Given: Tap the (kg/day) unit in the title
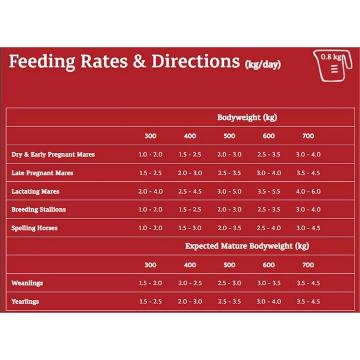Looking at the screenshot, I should (x=263, y=64).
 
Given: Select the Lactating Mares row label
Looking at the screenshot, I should (x=35, y=192).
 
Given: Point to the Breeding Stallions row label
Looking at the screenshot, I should (x=39, y=210).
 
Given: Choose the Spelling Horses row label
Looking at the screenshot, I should (x=35, y=228).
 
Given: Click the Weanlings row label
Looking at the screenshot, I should (x=27, y=283).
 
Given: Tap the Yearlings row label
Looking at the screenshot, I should (x=25, y=302).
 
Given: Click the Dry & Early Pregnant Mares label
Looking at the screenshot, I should (x=53, y=155).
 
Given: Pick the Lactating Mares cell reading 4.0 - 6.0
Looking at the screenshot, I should (x=308, y=192).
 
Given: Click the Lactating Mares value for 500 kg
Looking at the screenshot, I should (x=229, y=192).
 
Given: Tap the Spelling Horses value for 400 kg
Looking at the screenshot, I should (x=190, y=228).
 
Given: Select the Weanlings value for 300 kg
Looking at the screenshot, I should (x=150, y=283).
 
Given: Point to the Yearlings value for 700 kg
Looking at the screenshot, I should (x=308, y=302).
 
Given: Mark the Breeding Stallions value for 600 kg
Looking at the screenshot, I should (x=269, y=210).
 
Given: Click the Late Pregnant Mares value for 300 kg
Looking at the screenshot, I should (x=150, y=174).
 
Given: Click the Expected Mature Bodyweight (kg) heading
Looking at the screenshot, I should (x=247, y=246).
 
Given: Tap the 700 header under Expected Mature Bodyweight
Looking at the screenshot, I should (x=308, y=265).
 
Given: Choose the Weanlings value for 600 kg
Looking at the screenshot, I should (x=269, y=283).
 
